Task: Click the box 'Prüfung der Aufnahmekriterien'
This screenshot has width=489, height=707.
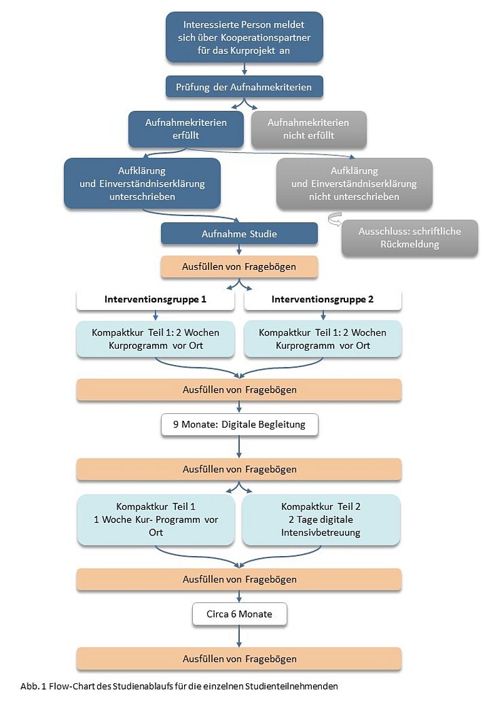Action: point(244,87)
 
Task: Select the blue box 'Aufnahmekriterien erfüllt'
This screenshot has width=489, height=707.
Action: point(186,129)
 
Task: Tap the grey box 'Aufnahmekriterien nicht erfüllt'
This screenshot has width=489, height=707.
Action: point(308,129)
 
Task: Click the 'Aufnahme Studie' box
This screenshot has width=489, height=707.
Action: point(239,234)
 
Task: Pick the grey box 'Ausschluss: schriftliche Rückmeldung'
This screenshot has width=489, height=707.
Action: point(409,238)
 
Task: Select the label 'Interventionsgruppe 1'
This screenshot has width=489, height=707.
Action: point(155,299)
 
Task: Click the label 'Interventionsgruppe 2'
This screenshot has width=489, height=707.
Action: point(322,299)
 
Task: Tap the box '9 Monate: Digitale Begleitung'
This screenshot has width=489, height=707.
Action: point(239,425)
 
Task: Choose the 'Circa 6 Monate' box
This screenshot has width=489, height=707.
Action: point(239,614)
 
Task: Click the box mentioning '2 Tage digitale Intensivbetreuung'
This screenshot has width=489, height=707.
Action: point(321,520)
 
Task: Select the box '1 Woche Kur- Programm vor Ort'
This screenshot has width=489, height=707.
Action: point(156,520)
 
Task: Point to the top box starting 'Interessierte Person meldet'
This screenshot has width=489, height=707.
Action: point(244,37)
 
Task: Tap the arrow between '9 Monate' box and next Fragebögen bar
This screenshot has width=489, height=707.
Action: point(239,446)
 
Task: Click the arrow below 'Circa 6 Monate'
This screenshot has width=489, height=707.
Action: point(239,636)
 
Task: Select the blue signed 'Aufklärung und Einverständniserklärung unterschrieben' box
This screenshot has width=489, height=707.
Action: point(142,183)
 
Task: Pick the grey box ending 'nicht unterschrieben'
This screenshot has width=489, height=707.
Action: point(354,183)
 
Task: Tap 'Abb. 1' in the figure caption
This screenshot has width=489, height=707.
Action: point(30,686)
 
